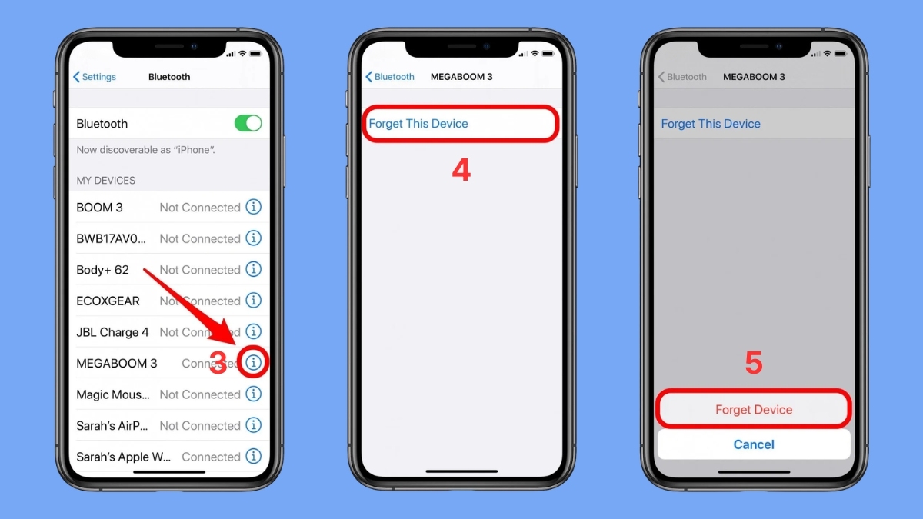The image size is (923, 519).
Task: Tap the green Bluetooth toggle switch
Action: [248, 124]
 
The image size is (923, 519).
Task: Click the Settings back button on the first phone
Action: [95, 77]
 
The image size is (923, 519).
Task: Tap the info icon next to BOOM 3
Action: [253, 208]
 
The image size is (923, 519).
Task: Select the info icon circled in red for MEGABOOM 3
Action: [253, 362]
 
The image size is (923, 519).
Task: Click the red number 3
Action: [218, 364]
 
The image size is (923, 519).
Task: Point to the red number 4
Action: [461, 171]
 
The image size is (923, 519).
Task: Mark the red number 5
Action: [754, 363]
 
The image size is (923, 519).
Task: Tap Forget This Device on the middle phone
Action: [418, 124]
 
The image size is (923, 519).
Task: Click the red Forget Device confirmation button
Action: [754, 410]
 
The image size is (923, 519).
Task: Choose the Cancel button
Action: [754, 444]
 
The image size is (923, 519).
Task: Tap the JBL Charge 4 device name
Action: [112, 332]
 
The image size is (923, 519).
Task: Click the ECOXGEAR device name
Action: [108, 301]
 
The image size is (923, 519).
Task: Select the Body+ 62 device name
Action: [102, 270]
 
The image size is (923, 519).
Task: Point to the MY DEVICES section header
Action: [105, 181]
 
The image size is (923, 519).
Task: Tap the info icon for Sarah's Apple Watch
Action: [253, 457]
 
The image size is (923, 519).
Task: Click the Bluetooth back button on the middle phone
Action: [390, 77]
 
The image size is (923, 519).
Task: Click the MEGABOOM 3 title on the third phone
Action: [754, 77]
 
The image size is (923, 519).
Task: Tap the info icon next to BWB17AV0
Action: [253, 238]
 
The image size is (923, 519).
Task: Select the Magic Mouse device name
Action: [113, 394]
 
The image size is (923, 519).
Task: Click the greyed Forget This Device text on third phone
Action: [711, 124]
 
